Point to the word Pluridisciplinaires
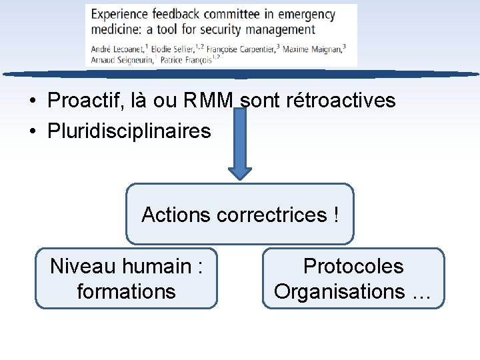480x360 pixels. [129, 131]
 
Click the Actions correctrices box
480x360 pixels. [240, 215]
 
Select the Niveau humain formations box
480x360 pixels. [126, 279]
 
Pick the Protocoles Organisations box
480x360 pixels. [353, 279]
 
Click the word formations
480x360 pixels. [126, 291]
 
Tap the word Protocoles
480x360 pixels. [353, 266]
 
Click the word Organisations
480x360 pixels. [339, 291]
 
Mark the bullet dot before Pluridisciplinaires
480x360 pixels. [32, 131]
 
